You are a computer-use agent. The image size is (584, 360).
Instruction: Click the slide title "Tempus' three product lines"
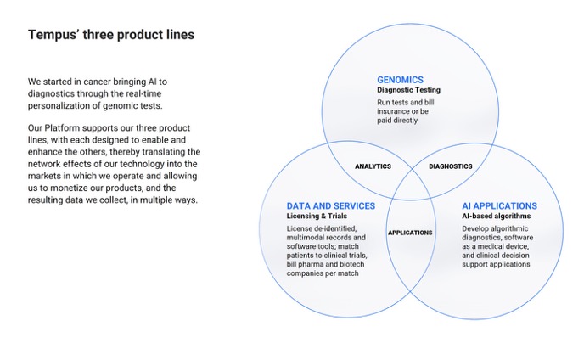[x=110, y=35]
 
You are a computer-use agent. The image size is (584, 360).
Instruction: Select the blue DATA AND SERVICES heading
[x=330, y=206]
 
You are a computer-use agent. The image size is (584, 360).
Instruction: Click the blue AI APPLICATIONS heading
[x=499, y=206]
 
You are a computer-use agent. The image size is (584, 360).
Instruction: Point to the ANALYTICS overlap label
[x=373, y=166]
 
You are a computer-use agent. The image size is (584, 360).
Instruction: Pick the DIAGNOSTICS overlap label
[x=451, y=166]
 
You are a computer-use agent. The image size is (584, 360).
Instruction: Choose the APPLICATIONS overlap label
[x=410, y=233]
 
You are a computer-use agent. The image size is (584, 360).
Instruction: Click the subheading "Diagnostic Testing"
[x=409, y=90]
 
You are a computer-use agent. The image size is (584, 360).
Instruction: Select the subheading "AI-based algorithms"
[x=497, y=217]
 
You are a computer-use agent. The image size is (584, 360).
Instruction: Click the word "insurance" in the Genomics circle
[x=396, y=111]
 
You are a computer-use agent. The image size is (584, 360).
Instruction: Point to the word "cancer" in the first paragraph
[x=101, y=82]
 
